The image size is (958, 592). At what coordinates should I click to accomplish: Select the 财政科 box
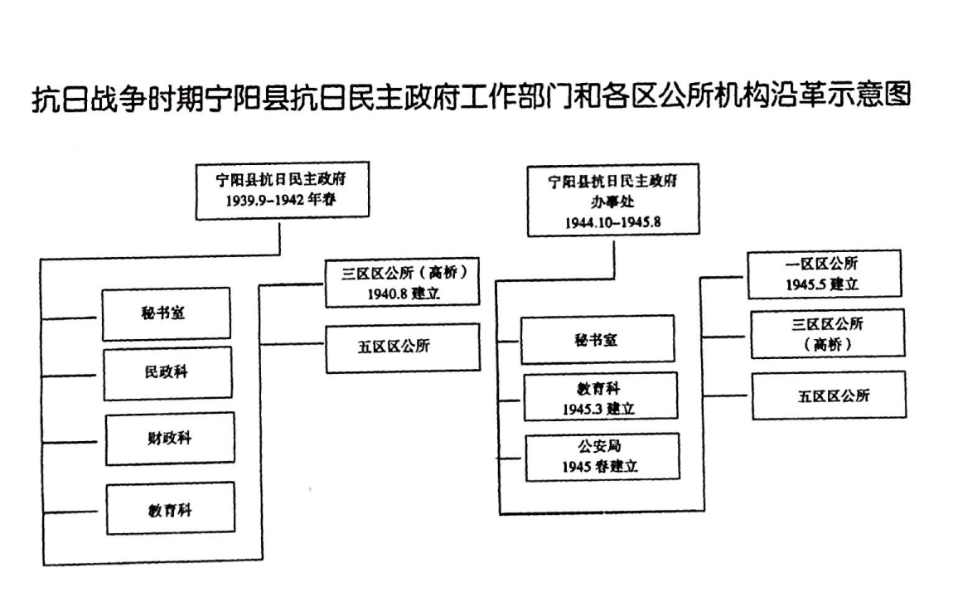click(x=170, y=438)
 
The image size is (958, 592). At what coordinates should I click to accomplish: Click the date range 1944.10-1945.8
click(x=613, y=222)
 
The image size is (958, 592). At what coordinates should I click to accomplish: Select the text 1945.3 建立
click(x=600, y=409)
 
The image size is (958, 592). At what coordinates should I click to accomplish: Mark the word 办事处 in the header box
click(x=612, y=202)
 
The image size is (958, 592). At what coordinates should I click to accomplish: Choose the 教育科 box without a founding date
click(x=170, y=508)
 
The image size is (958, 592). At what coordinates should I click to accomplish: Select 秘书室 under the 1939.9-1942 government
click(x=167, y=313)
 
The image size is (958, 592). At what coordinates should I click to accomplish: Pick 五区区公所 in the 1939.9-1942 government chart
click(x=394, y=347)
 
